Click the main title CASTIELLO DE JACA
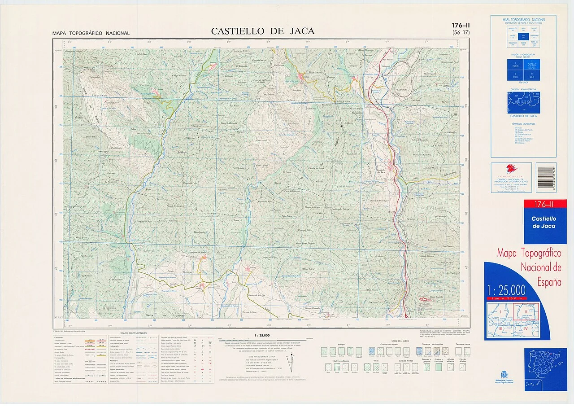tap(263, 31)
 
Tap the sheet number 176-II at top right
tap(461, 26)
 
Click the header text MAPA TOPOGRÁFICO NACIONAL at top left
tap(91, 33)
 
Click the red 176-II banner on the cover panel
tap(545, 204)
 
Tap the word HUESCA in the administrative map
tap(523, 102)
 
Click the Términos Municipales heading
tap(523, 123)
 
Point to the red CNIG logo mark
tap(511, 169)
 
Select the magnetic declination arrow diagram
tap(292, 357)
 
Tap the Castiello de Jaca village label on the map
tap(381, 171)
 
